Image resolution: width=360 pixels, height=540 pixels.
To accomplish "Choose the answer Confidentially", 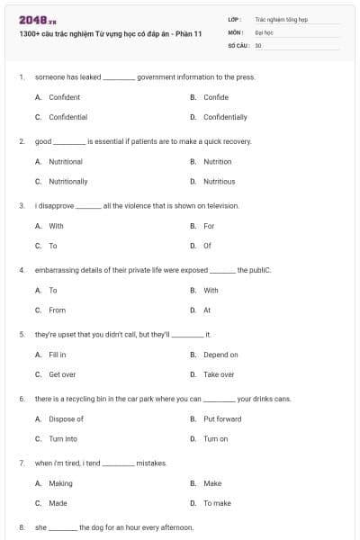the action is (x=225, y=117).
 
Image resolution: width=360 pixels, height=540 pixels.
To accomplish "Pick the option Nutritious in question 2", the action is (x=219, y=181).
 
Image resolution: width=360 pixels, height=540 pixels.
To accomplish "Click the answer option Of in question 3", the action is (x=208, y=245).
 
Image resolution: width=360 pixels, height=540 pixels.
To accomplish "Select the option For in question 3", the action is (x=209, y=226).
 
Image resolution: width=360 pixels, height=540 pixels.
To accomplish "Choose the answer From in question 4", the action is (x=57, y=310).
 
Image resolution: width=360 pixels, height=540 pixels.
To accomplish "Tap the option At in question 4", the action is (x=207, y=310).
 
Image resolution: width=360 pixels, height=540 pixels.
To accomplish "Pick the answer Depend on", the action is (x=220, y=355).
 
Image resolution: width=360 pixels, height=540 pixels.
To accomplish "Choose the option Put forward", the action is (x=222, y=418).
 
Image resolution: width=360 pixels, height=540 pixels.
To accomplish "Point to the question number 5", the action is (x=21, y=334).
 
